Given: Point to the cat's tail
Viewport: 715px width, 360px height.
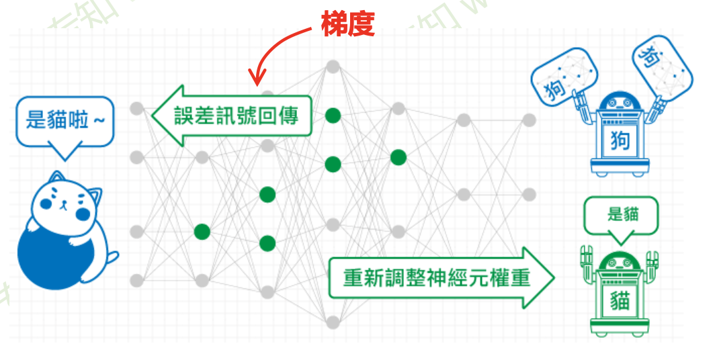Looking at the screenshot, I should pos(112,259).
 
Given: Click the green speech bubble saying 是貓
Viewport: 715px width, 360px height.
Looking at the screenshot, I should pos(622,215).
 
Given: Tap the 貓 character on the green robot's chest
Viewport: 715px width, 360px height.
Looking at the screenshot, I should pos(622,299).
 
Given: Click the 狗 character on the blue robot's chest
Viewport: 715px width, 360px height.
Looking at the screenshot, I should pos(621,141).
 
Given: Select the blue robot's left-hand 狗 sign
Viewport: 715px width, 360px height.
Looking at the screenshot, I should pos(564,77).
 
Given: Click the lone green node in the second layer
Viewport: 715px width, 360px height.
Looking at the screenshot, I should pos(202,232).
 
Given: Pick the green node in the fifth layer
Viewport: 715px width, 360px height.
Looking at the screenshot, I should pos(398,157).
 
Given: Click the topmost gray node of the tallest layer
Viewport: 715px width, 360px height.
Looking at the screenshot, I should pos(333,66).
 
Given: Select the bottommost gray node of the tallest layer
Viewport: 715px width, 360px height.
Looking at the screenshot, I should pos(333,322).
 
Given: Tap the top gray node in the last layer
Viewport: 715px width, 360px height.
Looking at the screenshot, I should pos(529,120).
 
